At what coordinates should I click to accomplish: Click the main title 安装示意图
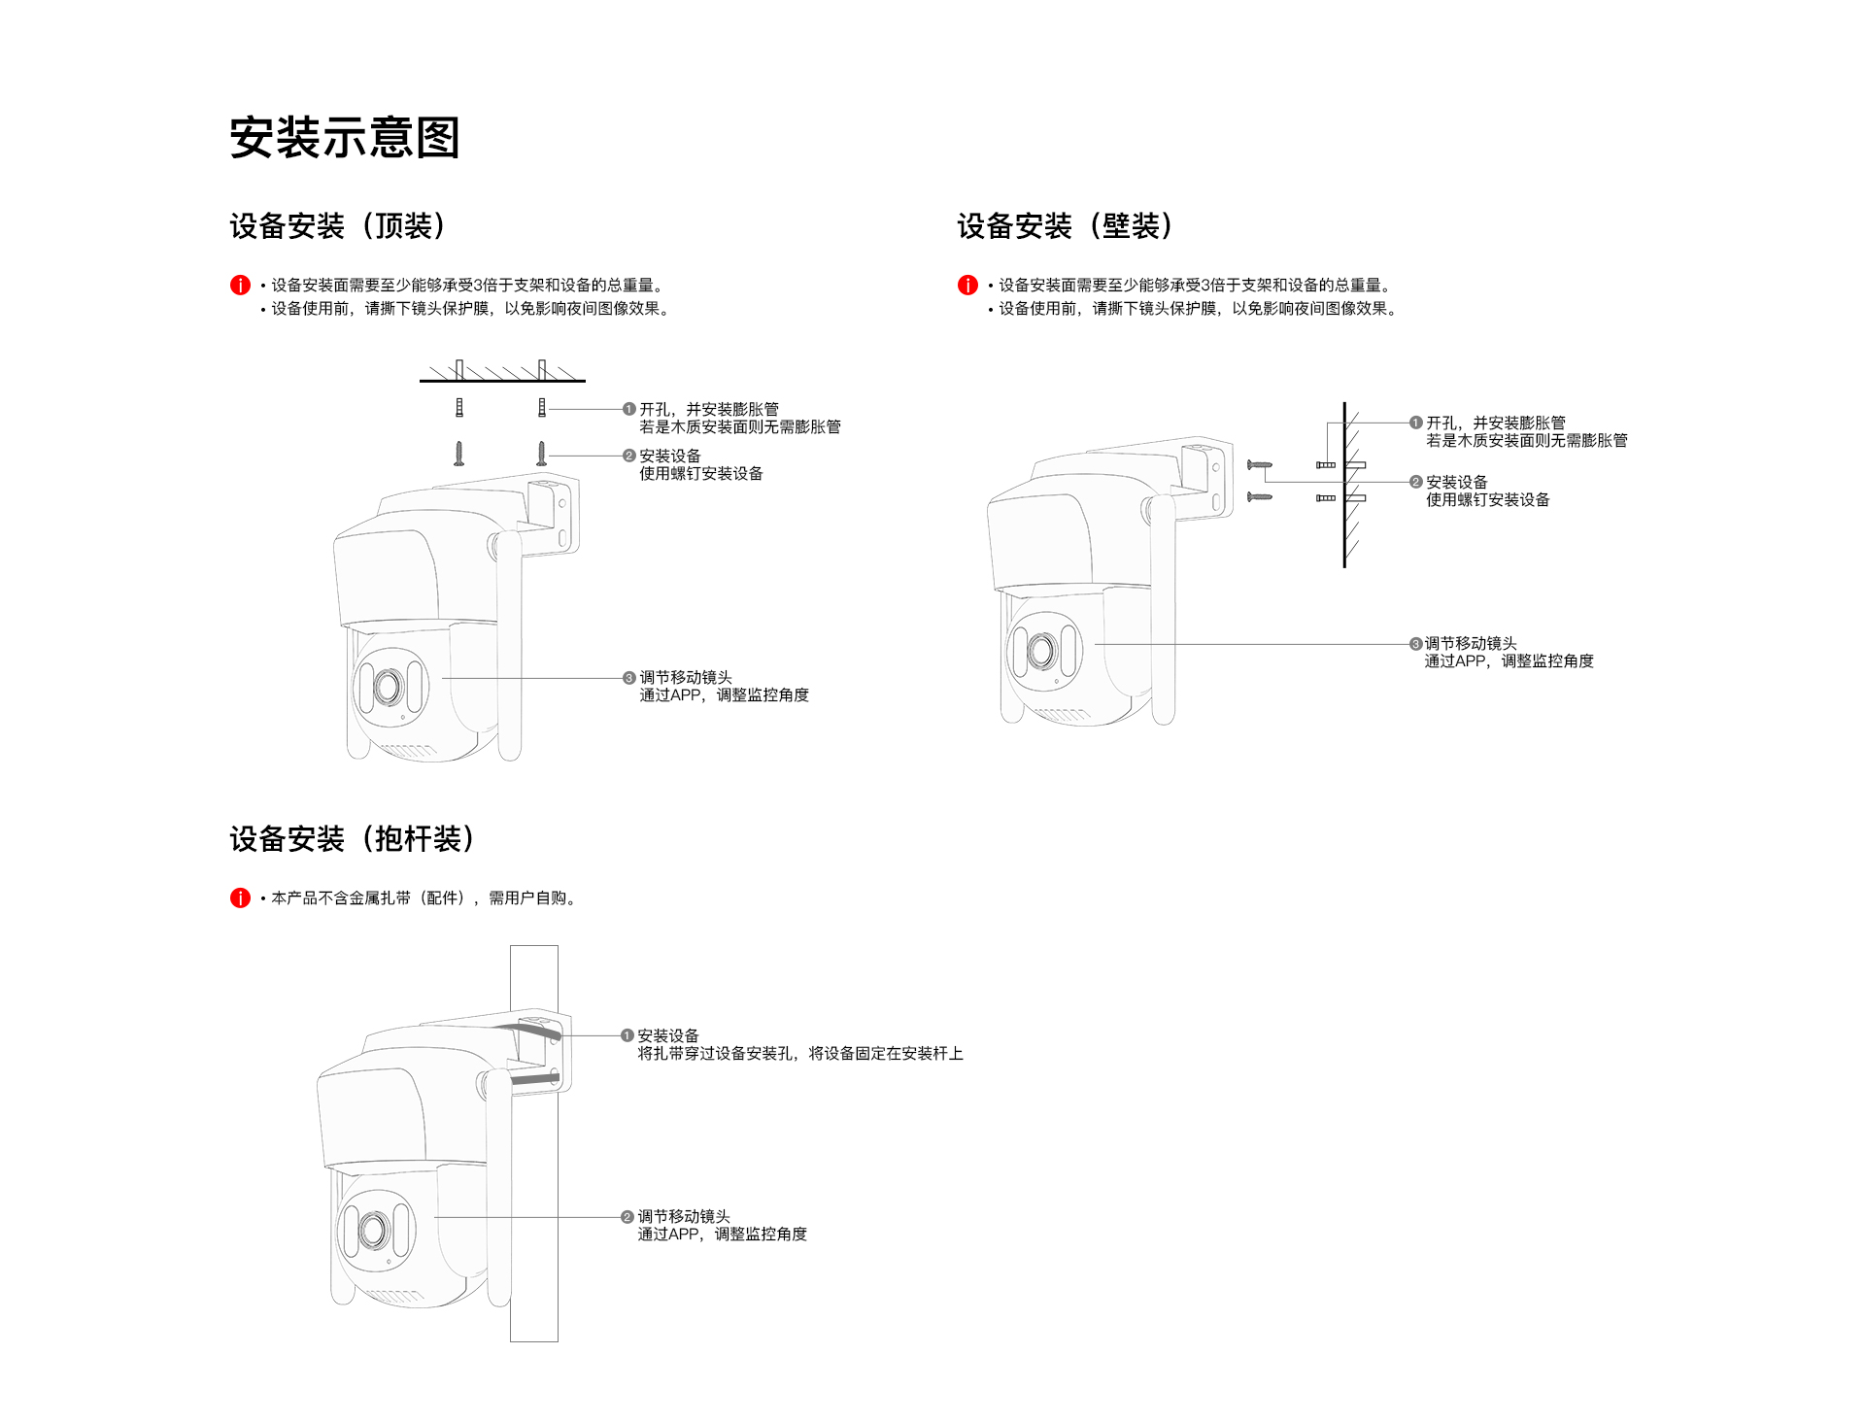[x=345, y=137]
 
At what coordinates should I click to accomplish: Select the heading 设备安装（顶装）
[x=338, y=226]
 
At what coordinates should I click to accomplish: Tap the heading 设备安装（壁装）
[x=1066, y=226]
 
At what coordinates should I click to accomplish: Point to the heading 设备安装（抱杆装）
[x=353, y=839]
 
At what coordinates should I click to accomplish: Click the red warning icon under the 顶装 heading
[x=240, y=285]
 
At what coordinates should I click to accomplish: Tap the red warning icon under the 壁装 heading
[x=967, y=285]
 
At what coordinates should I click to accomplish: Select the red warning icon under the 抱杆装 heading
[x=240, y=898]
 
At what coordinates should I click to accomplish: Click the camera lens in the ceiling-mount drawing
[x=388, y=687]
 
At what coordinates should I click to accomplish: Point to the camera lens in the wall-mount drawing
[x=1041, y=650]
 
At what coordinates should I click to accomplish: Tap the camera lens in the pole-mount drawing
[x=373, y=1230]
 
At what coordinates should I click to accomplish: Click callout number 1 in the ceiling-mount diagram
[x=629, y=410]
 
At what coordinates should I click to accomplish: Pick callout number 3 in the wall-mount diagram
[x=1415, y=644]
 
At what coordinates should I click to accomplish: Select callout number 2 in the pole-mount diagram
[x=627, y=1217]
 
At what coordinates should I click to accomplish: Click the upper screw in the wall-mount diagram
[x=1260, y=466]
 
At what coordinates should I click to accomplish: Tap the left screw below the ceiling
[x=459, y=454]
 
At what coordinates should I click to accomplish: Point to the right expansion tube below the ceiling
[x=542, y=408]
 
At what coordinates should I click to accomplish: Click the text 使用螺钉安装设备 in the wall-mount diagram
[x=1487, y=500]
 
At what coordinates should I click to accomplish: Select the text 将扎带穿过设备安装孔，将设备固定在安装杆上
[x=800, y=1054]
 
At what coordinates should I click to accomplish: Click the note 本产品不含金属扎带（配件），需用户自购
[x=424, y=898]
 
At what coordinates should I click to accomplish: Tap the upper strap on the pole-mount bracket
[x=529, y=1029]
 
